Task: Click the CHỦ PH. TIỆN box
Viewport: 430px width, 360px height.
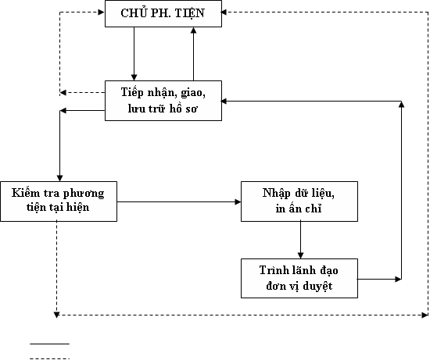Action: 163,14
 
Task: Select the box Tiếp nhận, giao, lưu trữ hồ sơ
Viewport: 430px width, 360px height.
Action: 163,101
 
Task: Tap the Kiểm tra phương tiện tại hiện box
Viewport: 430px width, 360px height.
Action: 59,201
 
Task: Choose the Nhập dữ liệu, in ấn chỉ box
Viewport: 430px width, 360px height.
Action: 299,201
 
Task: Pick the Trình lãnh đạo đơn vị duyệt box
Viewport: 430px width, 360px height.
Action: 299,278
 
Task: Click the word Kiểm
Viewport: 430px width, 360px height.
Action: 22,193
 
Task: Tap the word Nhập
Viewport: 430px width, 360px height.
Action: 276,193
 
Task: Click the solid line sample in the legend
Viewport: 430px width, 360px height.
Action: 49,344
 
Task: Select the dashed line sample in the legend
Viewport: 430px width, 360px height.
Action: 49,358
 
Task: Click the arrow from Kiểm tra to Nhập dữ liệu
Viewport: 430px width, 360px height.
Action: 179,202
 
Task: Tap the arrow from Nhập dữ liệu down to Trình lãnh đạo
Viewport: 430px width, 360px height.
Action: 300,240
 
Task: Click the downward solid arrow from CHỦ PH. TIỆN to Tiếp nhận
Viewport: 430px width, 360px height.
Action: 134,54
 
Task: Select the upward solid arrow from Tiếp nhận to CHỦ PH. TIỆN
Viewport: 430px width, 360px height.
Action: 193,54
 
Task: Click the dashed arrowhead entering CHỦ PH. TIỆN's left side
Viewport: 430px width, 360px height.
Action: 102,12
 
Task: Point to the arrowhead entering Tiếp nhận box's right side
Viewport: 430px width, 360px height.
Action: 224,101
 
